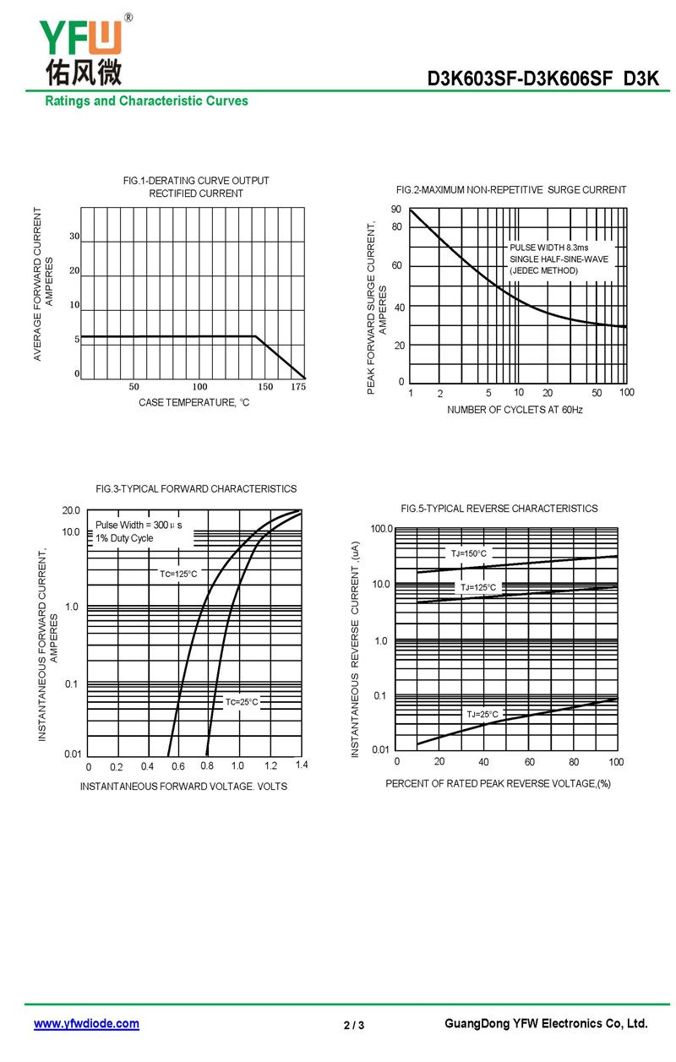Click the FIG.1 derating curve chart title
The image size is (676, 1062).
point(196,187)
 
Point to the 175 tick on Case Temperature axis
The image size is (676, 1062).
point(298,387)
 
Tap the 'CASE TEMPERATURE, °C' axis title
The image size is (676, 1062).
point(194,403)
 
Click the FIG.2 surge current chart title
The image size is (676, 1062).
point(511,190)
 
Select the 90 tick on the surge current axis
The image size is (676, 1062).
point(396,209)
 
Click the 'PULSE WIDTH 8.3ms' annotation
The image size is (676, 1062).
point(548,247)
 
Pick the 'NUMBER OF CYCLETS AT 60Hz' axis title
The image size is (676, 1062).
point(515,410)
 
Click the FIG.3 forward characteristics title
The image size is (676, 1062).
point(196,489)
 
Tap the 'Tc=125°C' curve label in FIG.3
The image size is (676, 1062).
point(178,575)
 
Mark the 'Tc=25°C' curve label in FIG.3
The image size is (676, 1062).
point(242,702)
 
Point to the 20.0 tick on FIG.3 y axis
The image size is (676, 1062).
point(71,510)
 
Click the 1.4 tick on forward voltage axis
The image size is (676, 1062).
point(302,765)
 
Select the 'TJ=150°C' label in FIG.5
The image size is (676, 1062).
point(468,553)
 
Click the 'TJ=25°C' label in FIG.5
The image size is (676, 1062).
point(482,715)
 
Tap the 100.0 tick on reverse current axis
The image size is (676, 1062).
point(382,529)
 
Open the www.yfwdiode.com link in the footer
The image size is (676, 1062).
point(86,1024)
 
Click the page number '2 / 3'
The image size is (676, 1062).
point(354,1026)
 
